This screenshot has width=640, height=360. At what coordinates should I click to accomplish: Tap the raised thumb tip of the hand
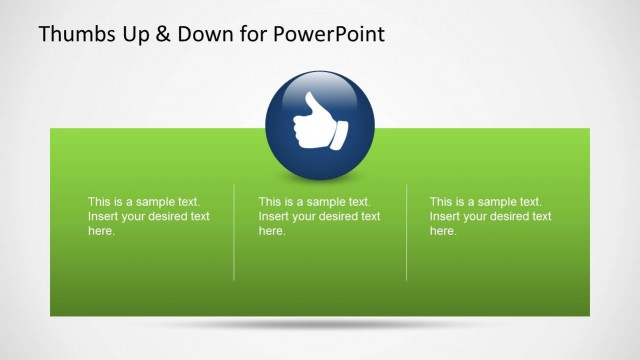point(310,100)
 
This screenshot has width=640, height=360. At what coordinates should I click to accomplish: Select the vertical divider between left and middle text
point(234,232)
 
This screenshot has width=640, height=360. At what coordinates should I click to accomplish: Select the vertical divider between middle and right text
point(406,232)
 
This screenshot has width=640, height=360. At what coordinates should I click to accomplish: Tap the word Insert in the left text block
point(103,216)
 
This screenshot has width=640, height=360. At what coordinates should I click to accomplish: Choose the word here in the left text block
point(101,231)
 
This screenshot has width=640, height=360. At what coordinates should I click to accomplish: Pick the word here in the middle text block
point(272,231)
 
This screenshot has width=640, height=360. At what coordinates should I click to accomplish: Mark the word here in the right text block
point(443,231)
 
